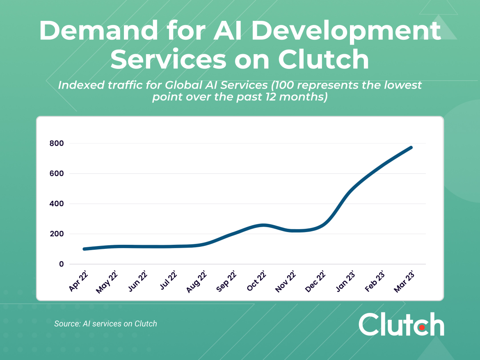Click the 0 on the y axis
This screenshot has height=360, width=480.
(x=62, y=264)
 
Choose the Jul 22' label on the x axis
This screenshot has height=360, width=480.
(x=168, y=281)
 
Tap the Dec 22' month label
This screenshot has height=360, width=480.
(x=315, y=281)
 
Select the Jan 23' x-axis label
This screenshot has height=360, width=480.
(x=345, y=281)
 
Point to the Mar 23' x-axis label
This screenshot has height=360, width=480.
(x=404, y=281)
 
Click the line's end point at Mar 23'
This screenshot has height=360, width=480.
(x=411, y=147)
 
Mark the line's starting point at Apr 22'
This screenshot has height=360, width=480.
(x=84, y=249)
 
